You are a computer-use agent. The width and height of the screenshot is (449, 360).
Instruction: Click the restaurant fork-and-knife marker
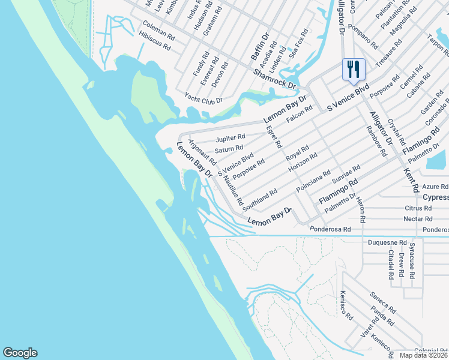pyautogui.click(x=354, y=69)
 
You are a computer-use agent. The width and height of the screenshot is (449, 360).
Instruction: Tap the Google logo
pyautogui.click(x=20, y=353)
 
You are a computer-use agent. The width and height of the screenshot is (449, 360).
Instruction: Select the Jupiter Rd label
pyautogui.click(x=231, y=138)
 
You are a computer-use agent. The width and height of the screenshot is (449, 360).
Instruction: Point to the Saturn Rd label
pyautogui.click(x=229, y=148)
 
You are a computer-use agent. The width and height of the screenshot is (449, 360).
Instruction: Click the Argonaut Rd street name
pyautogui.click(x=202, y=152)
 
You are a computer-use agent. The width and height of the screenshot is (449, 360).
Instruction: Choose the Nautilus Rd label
pyautogui.click(x=234, y=191)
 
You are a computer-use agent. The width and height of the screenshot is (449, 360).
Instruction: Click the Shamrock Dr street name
pyautogui.click(x=274, y=78)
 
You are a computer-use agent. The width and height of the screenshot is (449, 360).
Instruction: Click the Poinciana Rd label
pyautogui.click(x=313, y=181)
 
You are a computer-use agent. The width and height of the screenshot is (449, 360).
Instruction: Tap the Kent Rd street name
pyautogui.click(x=411, y=180)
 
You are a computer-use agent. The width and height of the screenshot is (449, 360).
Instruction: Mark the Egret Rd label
pyautogui.click(x=274, y=136)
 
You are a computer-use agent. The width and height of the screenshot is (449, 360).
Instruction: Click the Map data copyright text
pyautogui.click(x=423, y=355)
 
